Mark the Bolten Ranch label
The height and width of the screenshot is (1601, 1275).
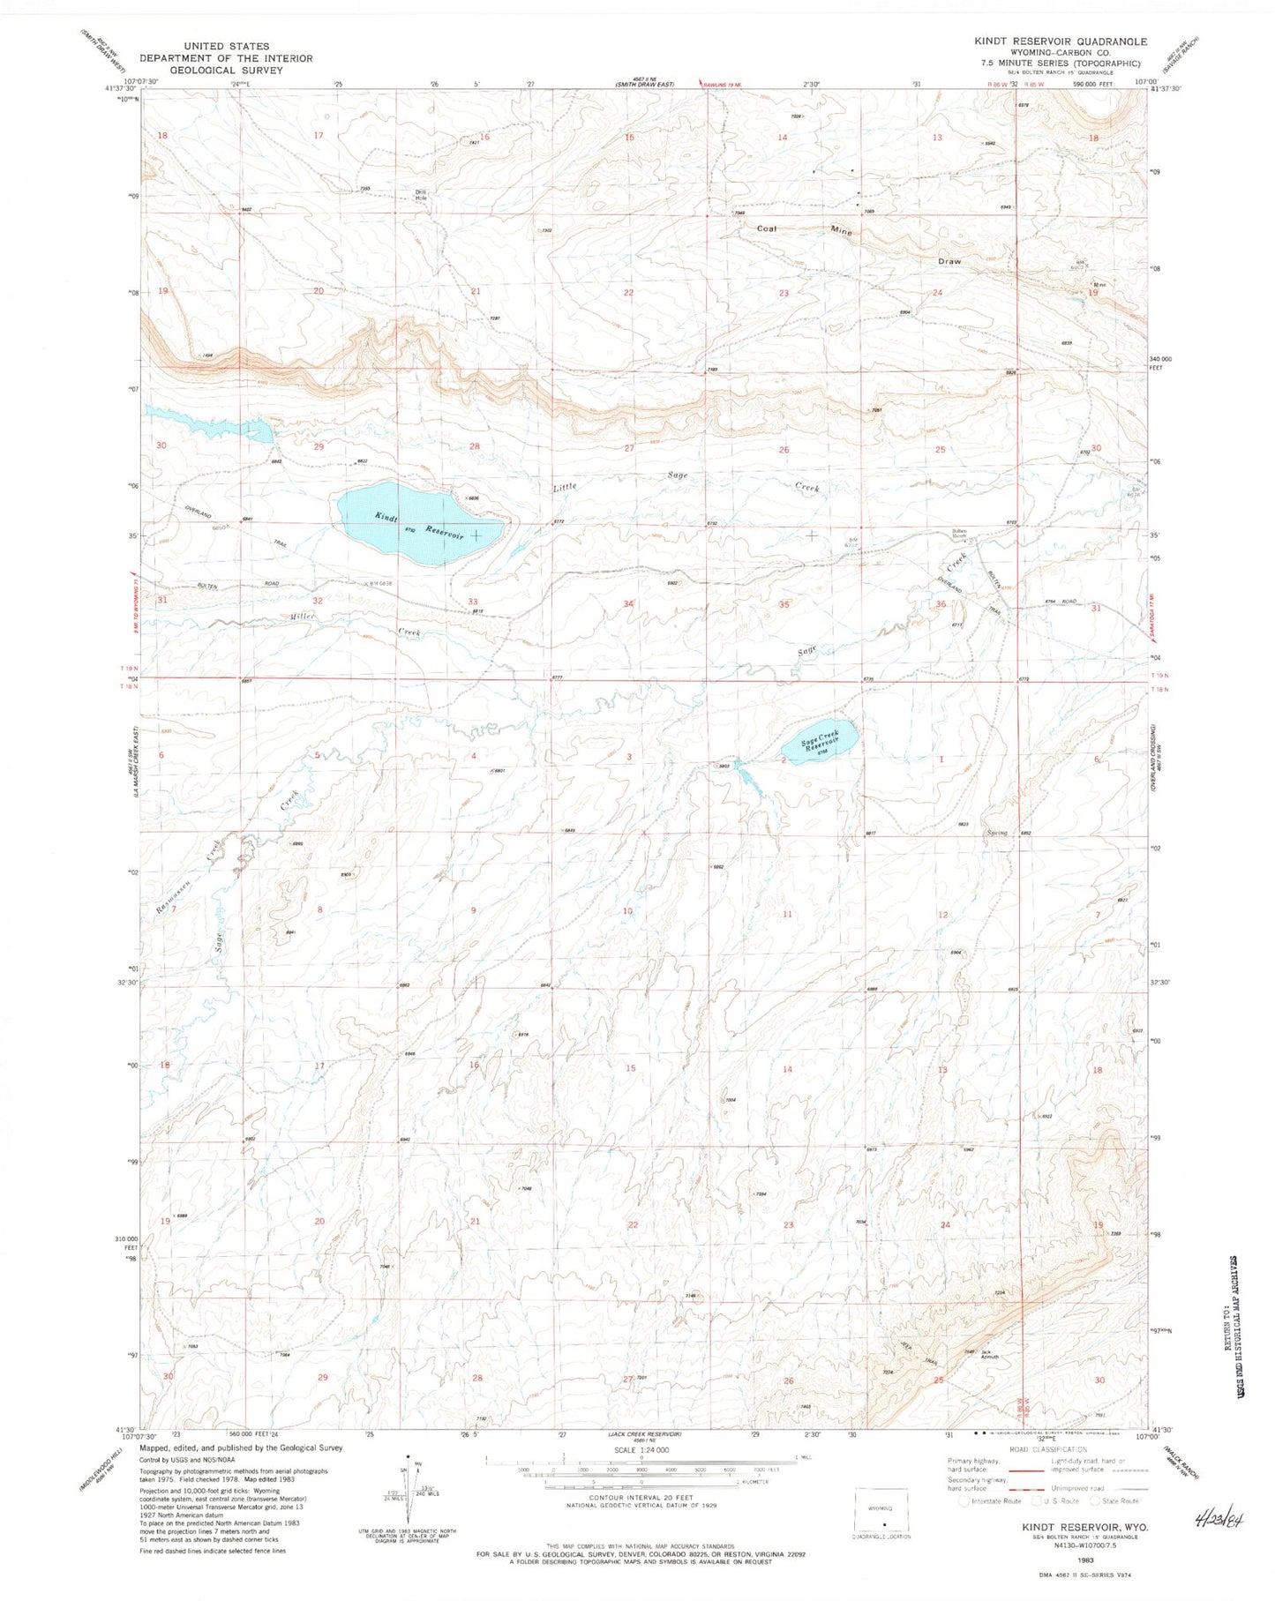[x=959, y=534]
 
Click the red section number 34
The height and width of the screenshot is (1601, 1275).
[x=629, y=603]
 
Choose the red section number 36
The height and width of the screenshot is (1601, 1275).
[x=941, y=603]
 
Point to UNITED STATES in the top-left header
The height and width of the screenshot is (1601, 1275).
[x=225, y=46]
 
